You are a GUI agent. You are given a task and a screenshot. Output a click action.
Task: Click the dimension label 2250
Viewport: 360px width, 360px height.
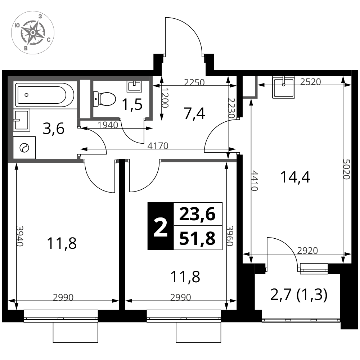(194, 82)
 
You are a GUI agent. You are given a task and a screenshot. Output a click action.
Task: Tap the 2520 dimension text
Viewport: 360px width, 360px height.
(310, 82)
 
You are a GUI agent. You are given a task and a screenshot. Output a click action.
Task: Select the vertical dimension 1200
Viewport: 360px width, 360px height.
(165, 98)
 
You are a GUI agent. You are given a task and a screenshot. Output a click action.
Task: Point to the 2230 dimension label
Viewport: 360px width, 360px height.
(231, 108)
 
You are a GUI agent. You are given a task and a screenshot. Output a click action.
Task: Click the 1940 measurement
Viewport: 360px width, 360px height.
(108, 125)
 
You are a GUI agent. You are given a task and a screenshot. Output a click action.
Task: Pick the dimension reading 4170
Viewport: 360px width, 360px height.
(158, 146)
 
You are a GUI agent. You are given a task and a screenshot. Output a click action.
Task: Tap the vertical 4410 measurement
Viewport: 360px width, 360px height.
(254, 181)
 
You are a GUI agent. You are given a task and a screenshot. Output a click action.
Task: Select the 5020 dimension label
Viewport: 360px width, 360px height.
(346, 169)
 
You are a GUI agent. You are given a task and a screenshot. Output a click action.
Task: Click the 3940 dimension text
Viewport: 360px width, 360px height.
(19, 236)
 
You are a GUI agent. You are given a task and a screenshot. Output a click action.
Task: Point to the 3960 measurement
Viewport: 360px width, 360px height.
(230, 236)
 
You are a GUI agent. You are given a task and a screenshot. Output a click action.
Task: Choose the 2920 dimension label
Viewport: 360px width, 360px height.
(307, 250)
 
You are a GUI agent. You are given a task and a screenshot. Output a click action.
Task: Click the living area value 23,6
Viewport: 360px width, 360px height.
(197, 215)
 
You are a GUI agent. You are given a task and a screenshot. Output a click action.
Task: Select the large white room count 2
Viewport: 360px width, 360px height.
(161, 228)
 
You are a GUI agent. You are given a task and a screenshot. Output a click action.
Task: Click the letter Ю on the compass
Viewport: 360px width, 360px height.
(17, 25)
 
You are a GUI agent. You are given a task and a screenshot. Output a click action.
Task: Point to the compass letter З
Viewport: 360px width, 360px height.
(40, 17)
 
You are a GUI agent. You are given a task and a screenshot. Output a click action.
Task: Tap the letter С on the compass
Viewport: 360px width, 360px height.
(48, 40)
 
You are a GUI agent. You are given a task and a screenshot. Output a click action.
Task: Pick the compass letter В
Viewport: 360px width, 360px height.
(25, 48)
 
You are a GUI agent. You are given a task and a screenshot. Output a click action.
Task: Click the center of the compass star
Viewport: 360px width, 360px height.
(32, 32)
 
